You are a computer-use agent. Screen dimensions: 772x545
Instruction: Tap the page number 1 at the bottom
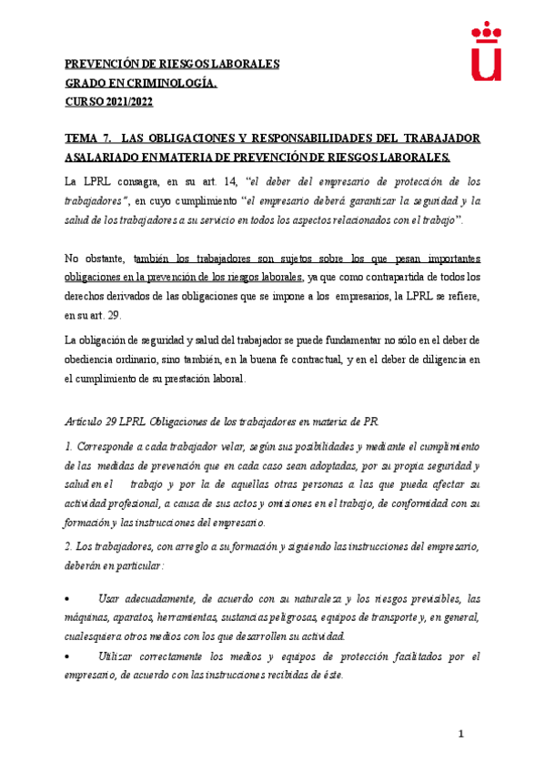461,735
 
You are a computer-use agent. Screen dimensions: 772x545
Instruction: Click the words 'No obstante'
95,259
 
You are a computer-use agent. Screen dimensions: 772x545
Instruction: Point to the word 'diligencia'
430,360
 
